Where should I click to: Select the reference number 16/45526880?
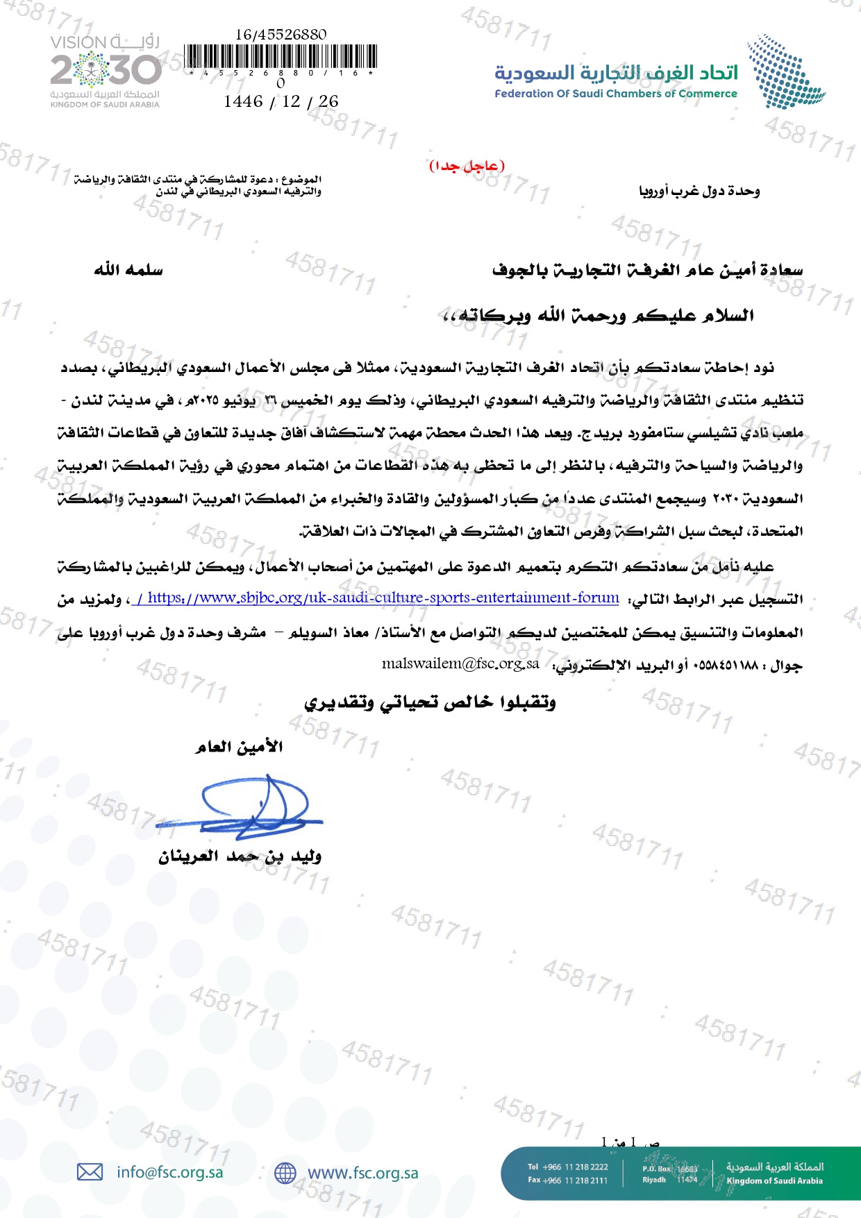[281, 34]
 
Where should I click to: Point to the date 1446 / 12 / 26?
[281, 101]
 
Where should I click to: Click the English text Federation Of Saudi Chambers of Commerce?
[615, 94]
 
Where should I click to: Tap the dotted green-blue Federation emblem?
[785, 72]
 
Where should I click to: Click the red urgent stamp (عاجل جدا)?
[467, 166]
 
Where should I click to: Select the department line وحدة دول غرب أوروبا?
[699, 191]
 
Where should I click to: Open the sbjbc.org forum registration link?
[378, 598]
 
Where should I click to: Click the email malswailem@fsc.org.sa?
[460, 663]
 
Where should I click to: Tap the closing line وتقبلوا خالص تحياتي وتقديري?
[430, 703]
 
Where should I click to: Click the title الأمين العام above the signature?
[239, 747]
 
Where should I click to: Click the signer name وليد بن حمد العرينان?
[240, 856]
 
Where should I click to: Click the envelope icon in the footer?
[90, 1172]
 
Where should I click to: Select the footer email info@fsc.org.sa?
[170, 1172]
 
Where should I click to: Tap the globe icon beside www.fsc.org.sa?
[285, 1173]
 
